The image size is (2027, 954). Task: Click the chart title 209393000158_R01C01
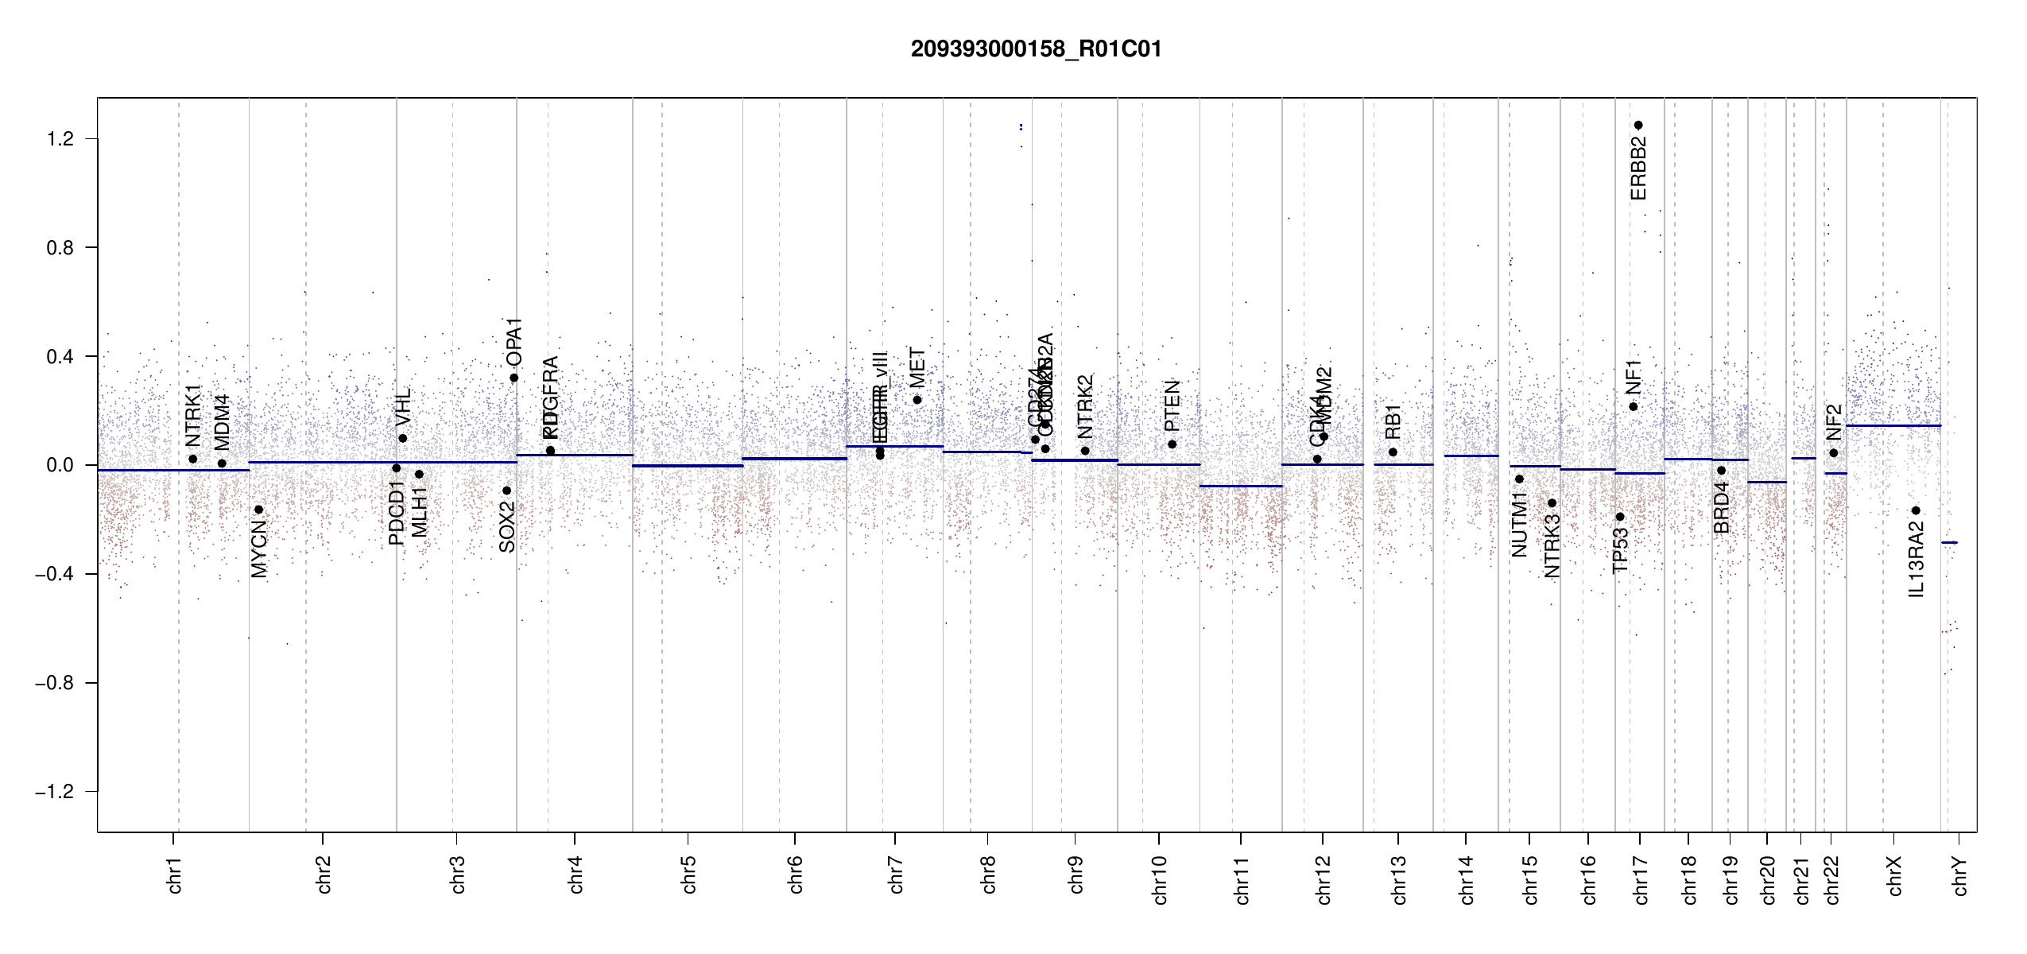[x=1036, y=49]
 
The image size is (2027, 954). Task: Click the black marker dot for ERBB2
[x=1638, y=126]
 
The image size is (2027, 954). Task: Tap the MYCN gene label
[x=259, y=549]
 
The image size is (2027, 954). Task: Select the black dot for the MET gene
[x=917, y=400]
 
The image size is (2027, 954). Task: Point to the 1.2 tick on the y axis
[x=60, y=139]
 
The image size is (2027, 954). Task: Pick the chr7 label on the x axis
[x=896, y=875]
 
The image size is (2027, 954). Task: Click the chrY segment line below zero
[x=1949, y=543]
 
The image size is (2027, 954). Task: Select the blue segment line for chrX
[x=1893, y=426]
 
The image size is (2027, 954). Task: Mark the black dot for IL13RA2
[x=1916, y=510]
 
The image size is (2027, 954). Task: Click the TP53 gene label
[x=1621, y=549]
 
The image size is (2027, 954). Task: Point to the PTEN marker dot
[x=1172, y=444]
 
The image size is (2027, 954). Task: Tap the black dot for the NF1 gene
[x=1634, y=407]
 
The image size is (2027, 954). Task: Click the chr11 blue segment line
[x=1240, y=486]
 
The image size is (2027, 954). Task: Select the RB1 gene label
[x=1393, y=422]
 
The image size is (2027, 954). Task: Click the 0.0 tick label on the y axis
[x=60, y=465]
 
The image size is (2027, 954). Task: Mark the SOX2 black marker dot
[x=507, y=491]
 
